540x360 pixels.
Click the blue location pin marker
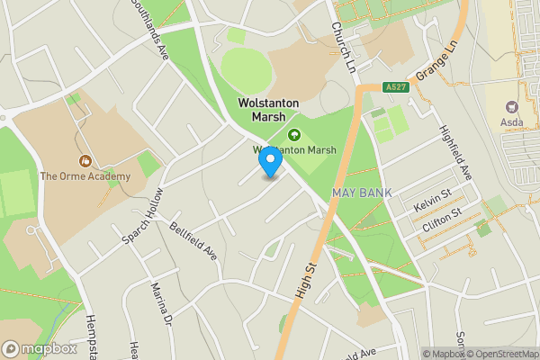[270, 161]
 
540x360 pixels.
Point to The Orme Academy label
[85, 176]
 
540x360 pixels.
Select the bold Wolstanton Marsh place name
[262, 110]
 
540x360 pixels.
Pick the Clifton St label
[442, 222]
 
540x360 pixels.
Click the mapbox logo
[40, 348]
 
